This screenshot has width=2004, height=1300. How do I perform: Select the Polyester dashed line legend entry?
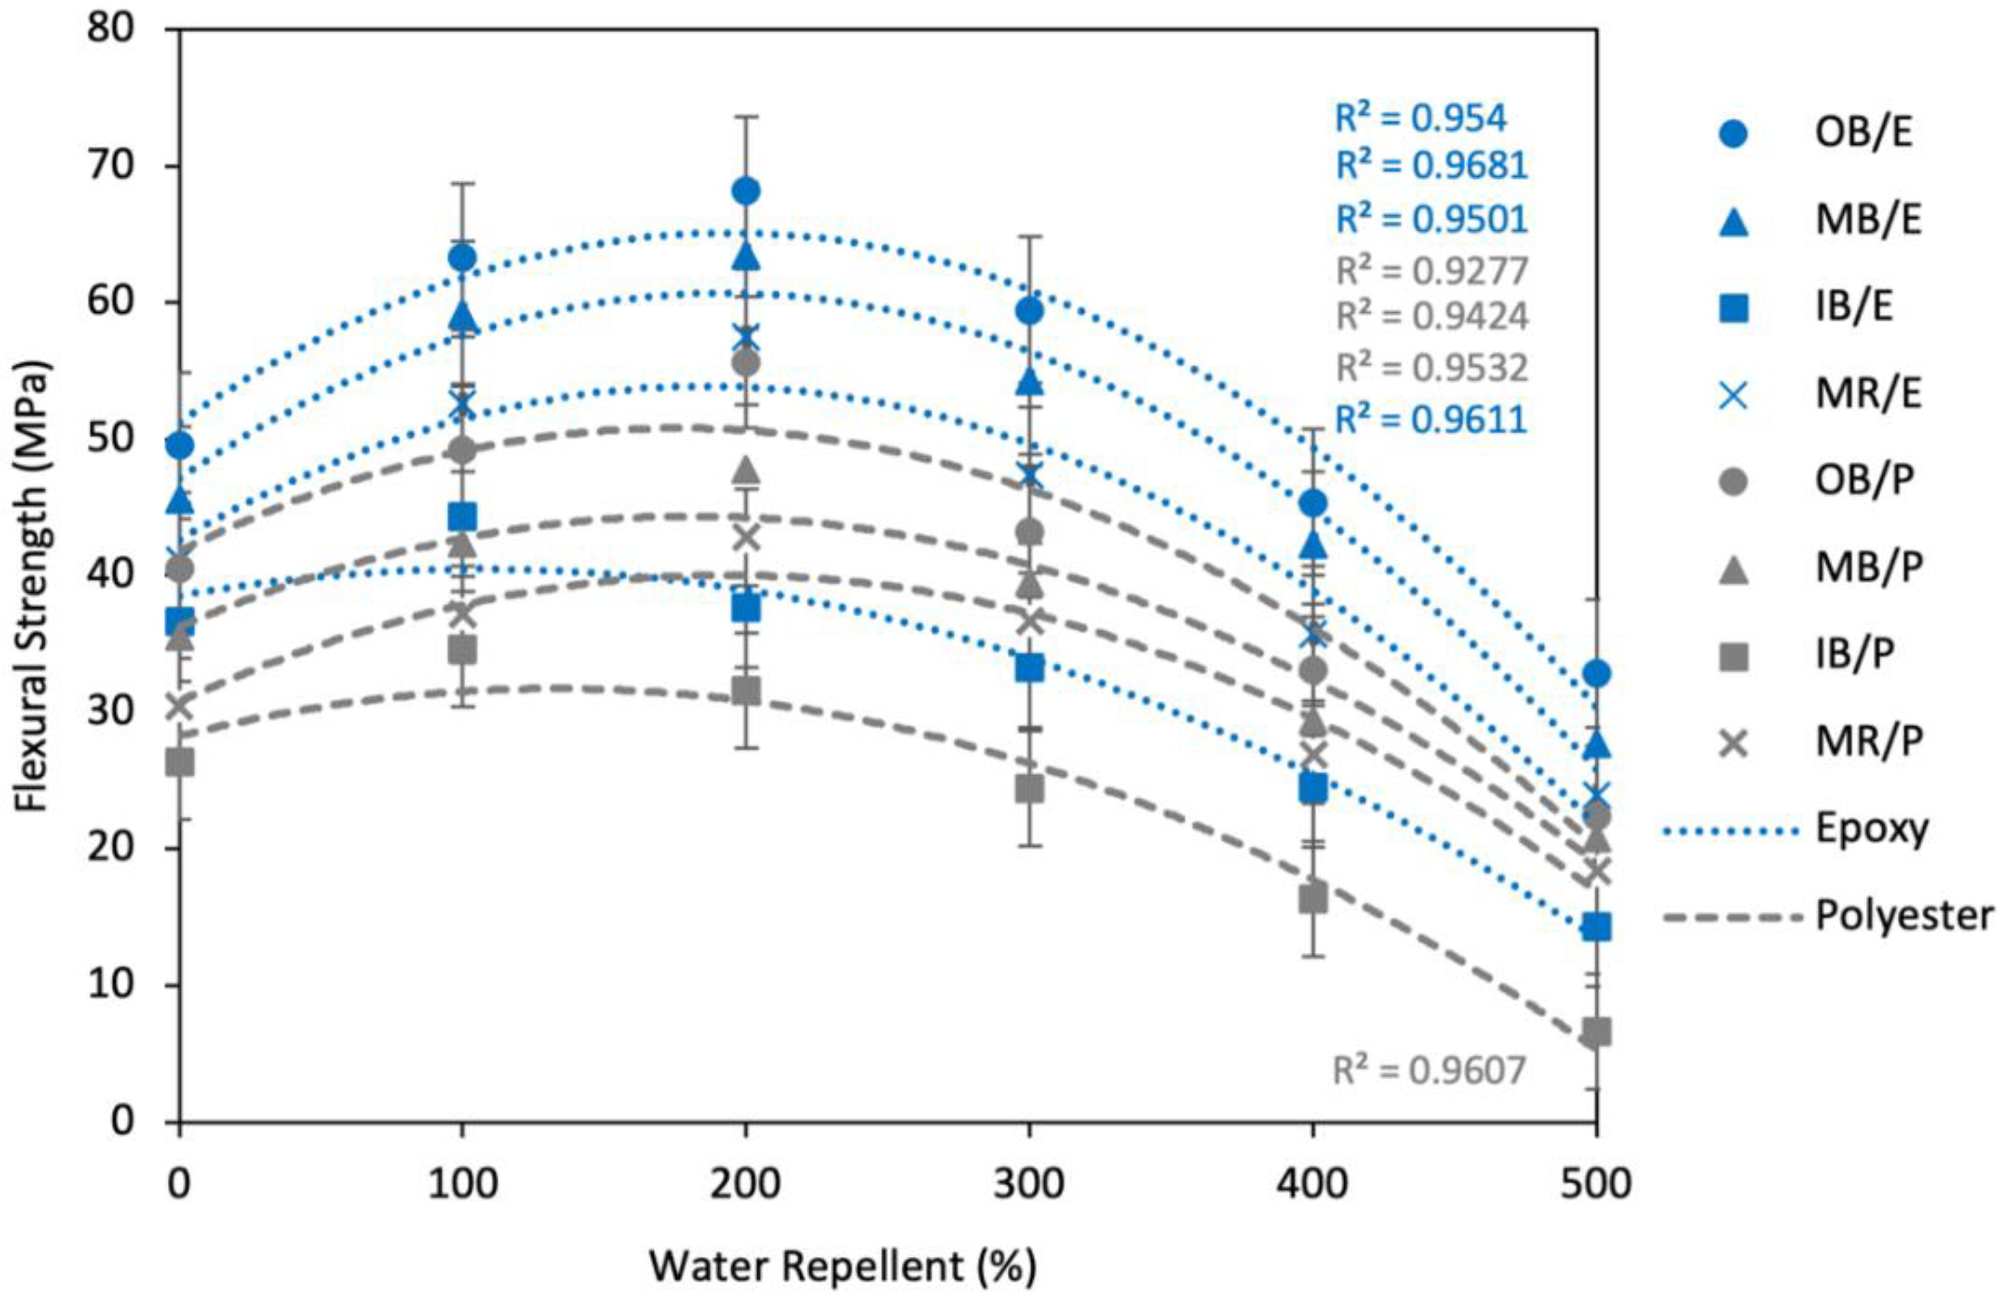click(x=1827, y=915)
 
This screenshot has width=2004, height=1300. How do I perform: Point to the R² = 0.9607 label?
click(x=1429, y=1071)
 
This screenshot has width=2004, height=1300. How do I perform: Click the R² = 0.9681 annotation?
click(x=1432, y=166)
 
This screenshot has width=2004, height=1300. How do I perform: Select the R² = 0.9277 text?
click(x=1432, y=271)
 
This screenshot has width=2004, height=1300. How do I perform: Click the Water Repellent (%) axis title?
click(x=842, y=1266)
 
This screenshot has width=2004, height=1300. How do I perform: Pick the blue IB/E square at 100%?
click(x=462, y=516)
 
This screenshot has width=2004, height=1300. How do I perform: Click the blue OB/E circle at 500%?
click(x=1597, y=674)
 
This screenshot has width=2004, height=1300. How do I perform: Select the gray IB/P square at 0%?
click(x=179, y=763)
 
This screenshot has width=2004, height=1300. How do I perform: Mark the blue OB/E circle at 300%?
click(x=1029, y=311)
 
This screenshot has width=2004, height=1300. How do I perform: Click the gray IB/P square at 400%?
click(x=1312, y=900)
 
